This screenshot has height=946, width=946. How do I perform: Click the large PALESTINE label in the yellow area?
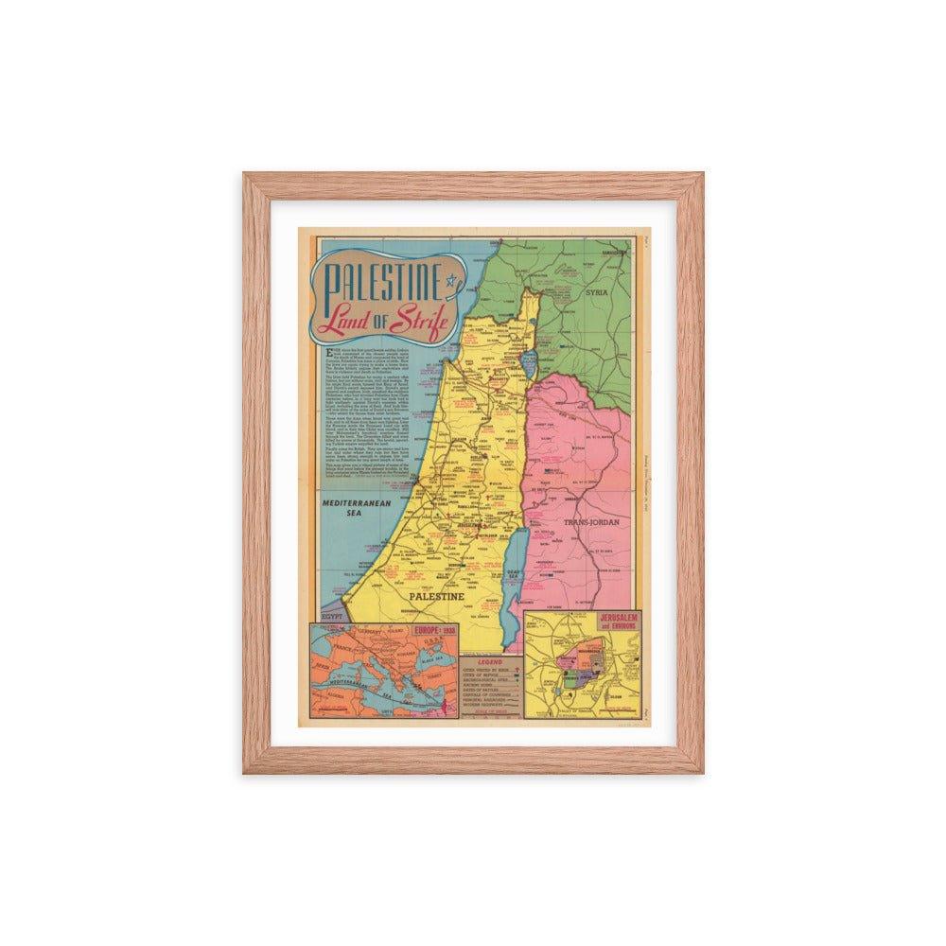pyautogui.click(x=436, y=598)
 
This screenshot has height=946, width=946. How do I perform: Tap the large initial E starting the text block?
pyautogui.click(x=326, y=349)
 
